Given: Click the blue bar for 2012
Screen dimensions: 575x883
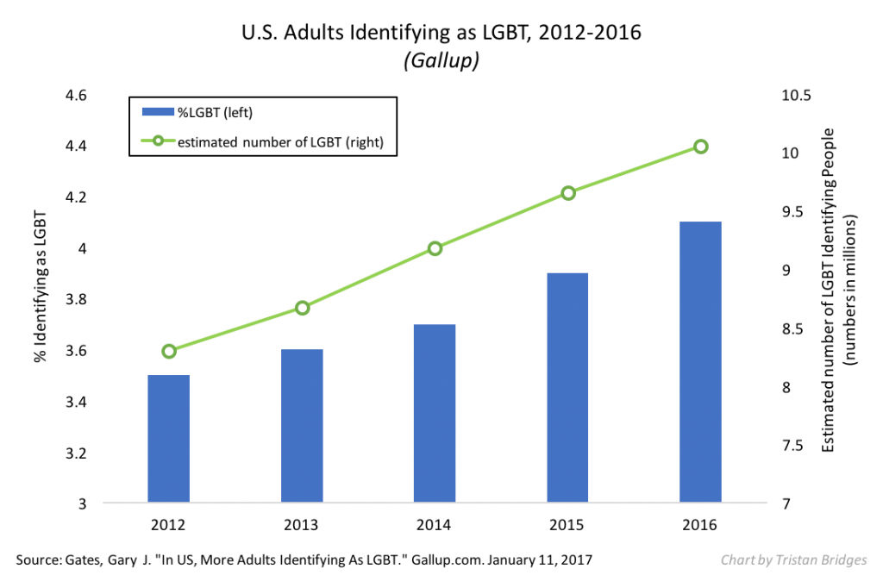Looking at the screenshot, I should pyautogui.click(x=169, y=438).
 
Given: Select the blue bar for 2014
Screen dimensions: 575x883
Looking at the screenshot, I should pyautogui.click(x=435, y=413).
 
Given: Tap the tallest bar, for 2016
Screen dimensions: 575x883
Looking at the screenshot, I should pyautogui.click(x=701, y=362).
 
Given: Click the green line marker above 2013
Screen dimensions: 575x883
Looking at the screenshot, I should pyautogui.click(x=302, y=308).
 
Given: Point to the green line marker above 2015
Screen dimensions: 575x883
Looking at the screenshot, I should pyautogui.click(x=568, y=193).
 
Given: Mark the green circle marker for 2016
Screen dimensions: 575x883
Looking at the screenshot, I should pyautogui.click(x=701, y=147).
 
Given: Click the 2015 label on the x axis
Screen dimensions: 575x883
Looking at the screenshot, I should pyautogui.click(x=568, y=523).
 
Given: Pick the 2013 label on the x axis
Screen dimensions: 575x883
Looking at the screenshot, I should pyautogui.click(x=302, y=523).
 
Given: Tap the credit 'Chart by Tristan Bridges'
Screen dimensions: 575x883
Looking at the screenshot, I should pyautogui.click(x=794, y=559).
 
